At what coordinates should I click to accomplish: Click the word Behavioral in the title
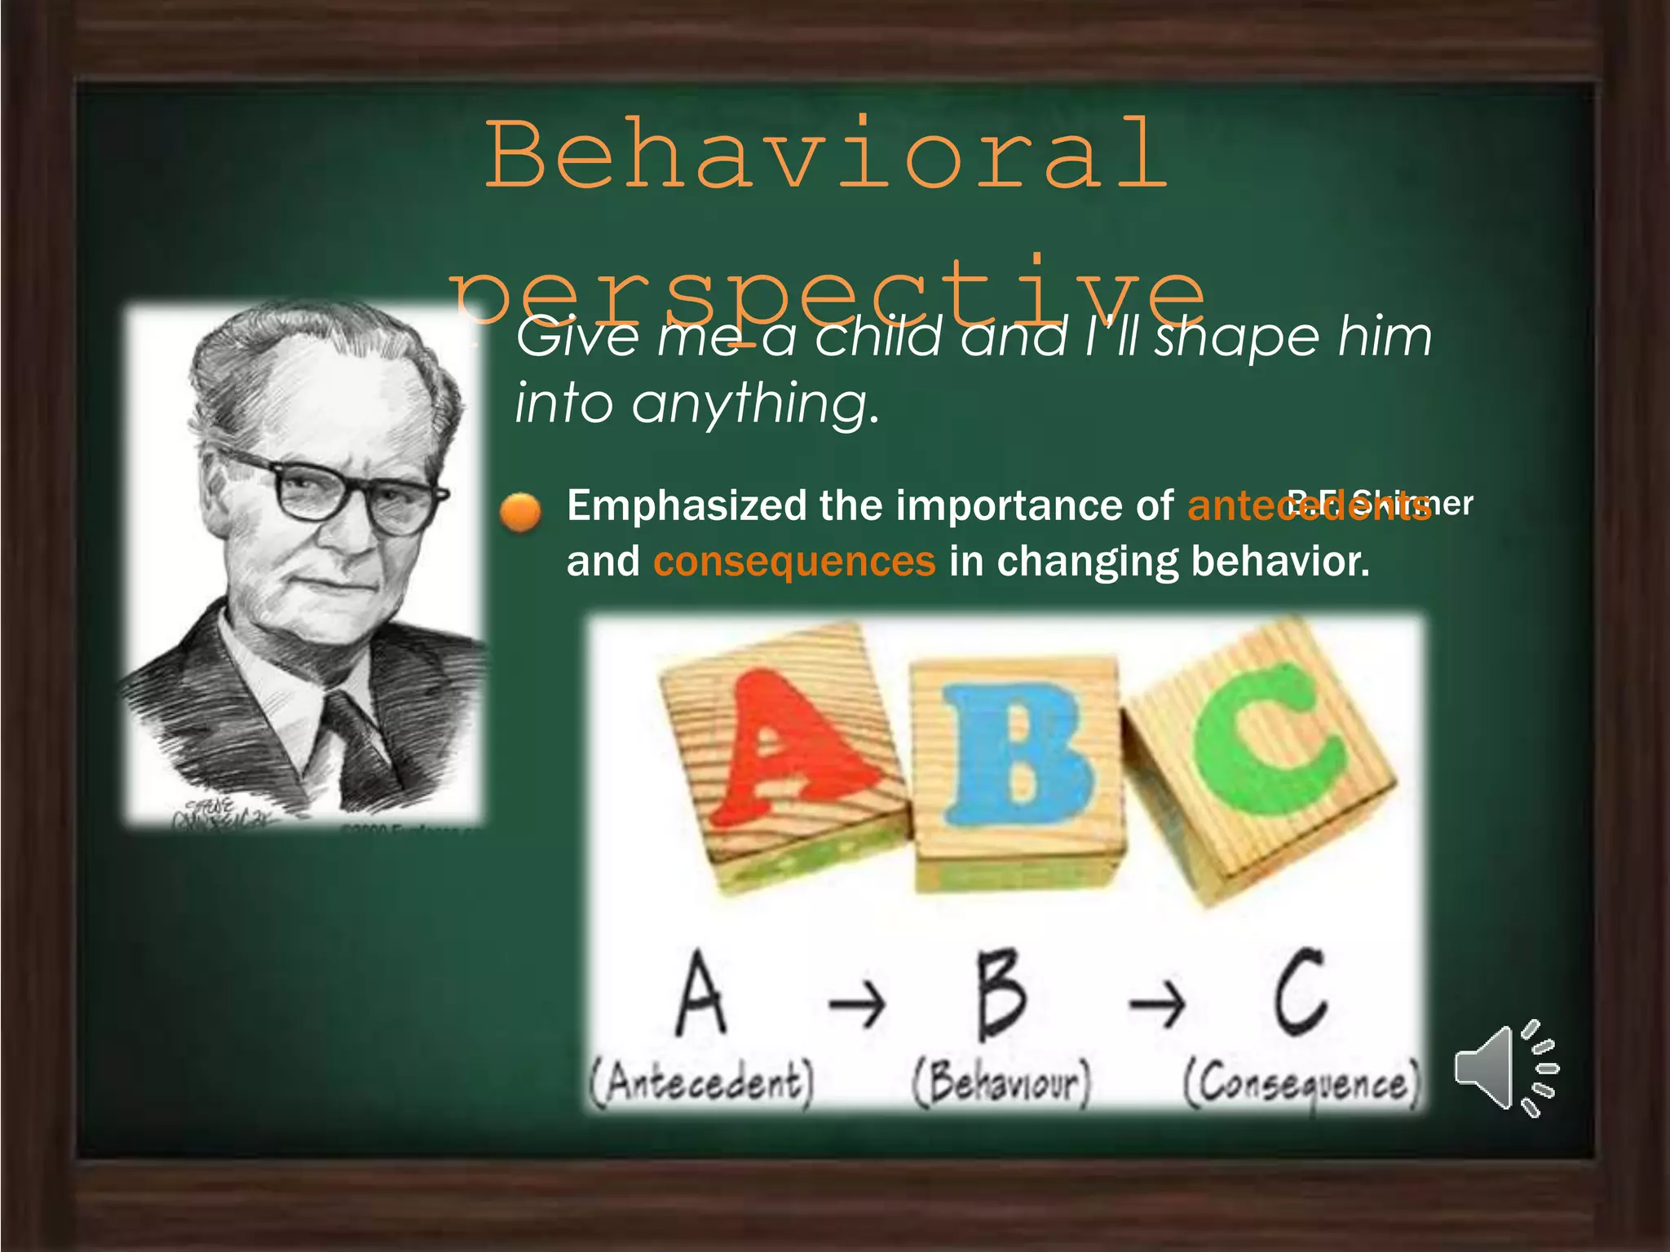click(x=827, y=155)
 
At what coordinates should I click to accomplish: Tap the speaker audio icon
click(x=1505, y=1068)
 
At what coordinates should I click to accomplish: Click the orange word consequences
click(x=794, y=562)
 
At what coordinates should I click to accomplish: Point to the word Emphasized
click(x=687, y=505)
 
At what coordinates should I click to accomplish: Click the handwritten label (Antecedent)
click(x=702, y=1084)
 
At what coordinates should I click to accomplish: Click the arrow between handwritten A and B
click(x=857, y=1003)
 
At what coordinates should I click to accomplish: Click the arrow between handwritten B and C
click(x=1157, y=1003)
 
